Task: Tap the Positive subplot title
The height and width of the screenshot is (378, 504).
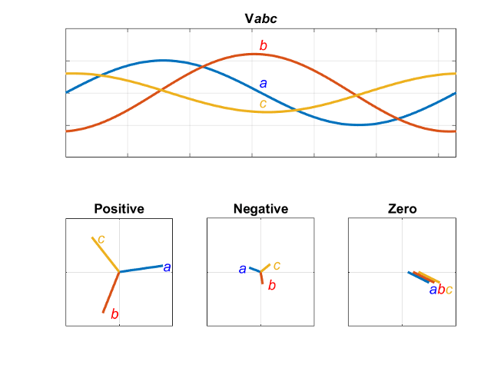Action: click(119, 208)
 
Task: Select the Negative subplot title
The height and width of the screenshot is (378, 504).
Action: click(260, 208)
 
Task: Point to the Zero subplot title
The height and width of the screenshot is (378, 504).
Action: click(402, 208)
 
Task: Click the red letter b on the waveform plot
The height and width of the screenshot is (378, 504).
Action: click(263, 45)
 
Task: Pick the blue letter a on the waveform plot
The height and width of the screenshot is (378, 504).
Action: click(263, 84)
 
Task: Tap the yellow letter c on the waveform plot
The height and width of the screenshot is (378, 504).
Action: click(263, 103)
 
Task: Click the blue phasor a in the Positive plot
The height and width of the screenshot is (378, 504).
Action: click(141, 268)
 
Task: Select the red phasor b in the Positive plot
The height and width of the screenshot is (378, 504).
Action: click(111, 292)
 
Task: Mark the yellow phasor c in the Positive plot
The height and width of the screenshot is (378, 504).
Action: click(105, 254)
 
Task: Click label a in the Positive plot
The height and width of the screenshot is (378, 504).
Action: click(167, 267)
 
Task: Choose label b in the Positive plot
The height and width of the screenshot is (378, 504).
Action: click(114, 313)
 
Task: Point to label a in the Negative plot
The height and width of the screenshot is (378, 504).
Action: click(242, 269)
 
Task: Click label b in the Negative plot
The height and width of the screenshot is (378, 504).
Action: click(271, 286)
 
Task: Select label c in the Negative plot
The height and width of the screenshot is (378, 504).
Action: click(277, 265)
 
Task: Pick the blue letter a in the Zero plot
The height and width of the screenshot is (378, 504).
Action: click(433, 290)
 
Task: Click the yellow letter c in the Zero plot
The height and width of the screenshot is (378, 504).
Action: click(449, 290)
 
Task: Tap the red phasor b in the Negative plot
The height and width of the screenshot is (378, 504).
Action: click(262, 278)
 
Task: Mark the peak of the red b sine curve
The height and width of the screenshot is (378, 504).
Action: click(254, 54)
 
